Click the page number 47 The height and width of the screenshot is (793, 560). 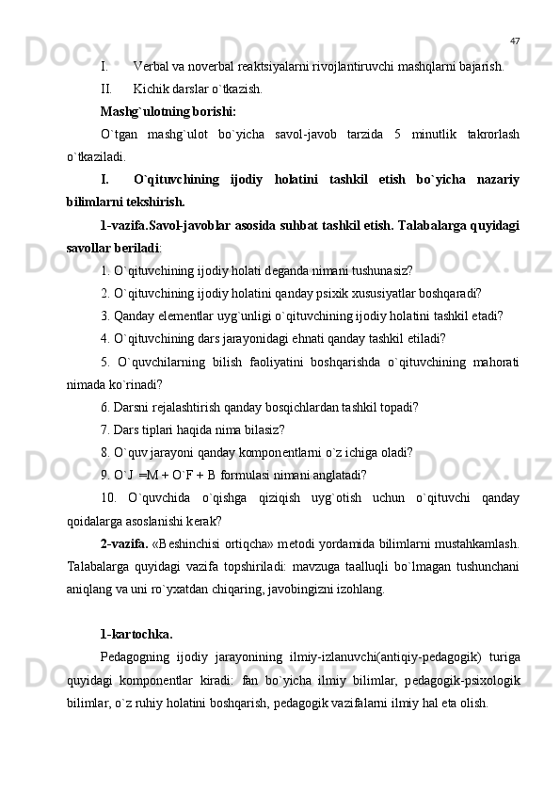[515, 41]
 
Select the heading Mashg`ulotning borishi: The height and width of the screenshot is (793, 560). [161, 112]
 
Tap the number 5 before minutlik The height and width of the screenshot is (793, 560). [400, 135]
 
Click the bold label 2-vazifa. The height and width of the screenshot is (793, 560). [122, 543]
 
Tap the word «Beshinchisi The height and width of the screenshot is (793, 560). [188, 543]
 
